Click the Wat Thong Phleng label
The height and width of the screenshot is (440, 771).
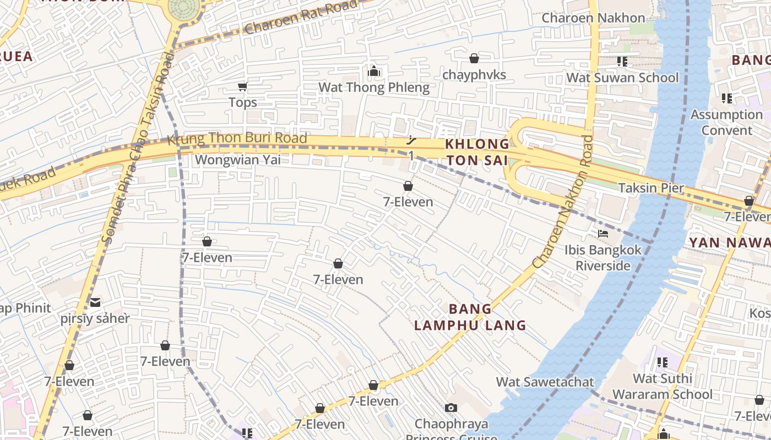click(x=374, y=87)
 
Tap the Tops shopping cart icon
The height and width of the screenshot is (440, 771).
click(x=242, y=86)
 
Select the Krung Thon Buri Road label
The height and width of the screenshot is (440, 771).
click(x=237, y=139)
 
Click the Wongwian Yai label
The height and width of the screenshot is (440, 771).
click(x=238, y=160)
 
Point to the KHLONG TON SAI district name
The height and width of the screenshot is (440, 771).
click(x=477, y=152)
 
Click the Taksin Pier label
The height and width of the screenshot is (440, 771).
click(x=651, y=188)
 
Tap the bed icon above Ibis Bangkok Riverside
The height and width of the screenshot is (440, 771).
click(x=603, y=234)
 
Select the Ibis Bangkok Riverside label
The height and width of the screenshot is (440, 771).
click(x=603, y=258)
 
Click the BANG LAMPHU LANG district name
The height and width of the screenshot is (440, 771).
click(x=470, y=317)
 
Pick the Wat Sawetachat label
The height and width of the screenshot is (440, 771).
click(x=545, y=382)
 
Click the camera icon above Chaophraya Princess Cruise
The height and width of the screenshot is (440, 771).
click(x=451, y=408)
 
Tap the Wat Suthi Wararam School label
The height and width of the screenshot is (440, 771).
click(x=662, y=387)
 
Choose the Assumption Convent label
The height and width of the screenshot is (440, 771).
click(x=726, y=123)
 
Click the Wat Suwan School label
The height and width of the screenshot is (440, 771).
click(x=622, y=78)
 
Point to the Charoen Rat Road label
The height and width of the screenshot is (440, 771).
click(x=301, y=17)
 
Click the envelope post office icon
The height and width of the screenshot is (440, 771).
click(x=96, y=302)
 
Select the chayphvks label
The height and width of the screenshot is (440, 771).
click(x=474, y=75)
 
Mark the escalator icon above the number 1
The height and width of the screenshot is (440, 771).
click(x=411, y=141)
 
